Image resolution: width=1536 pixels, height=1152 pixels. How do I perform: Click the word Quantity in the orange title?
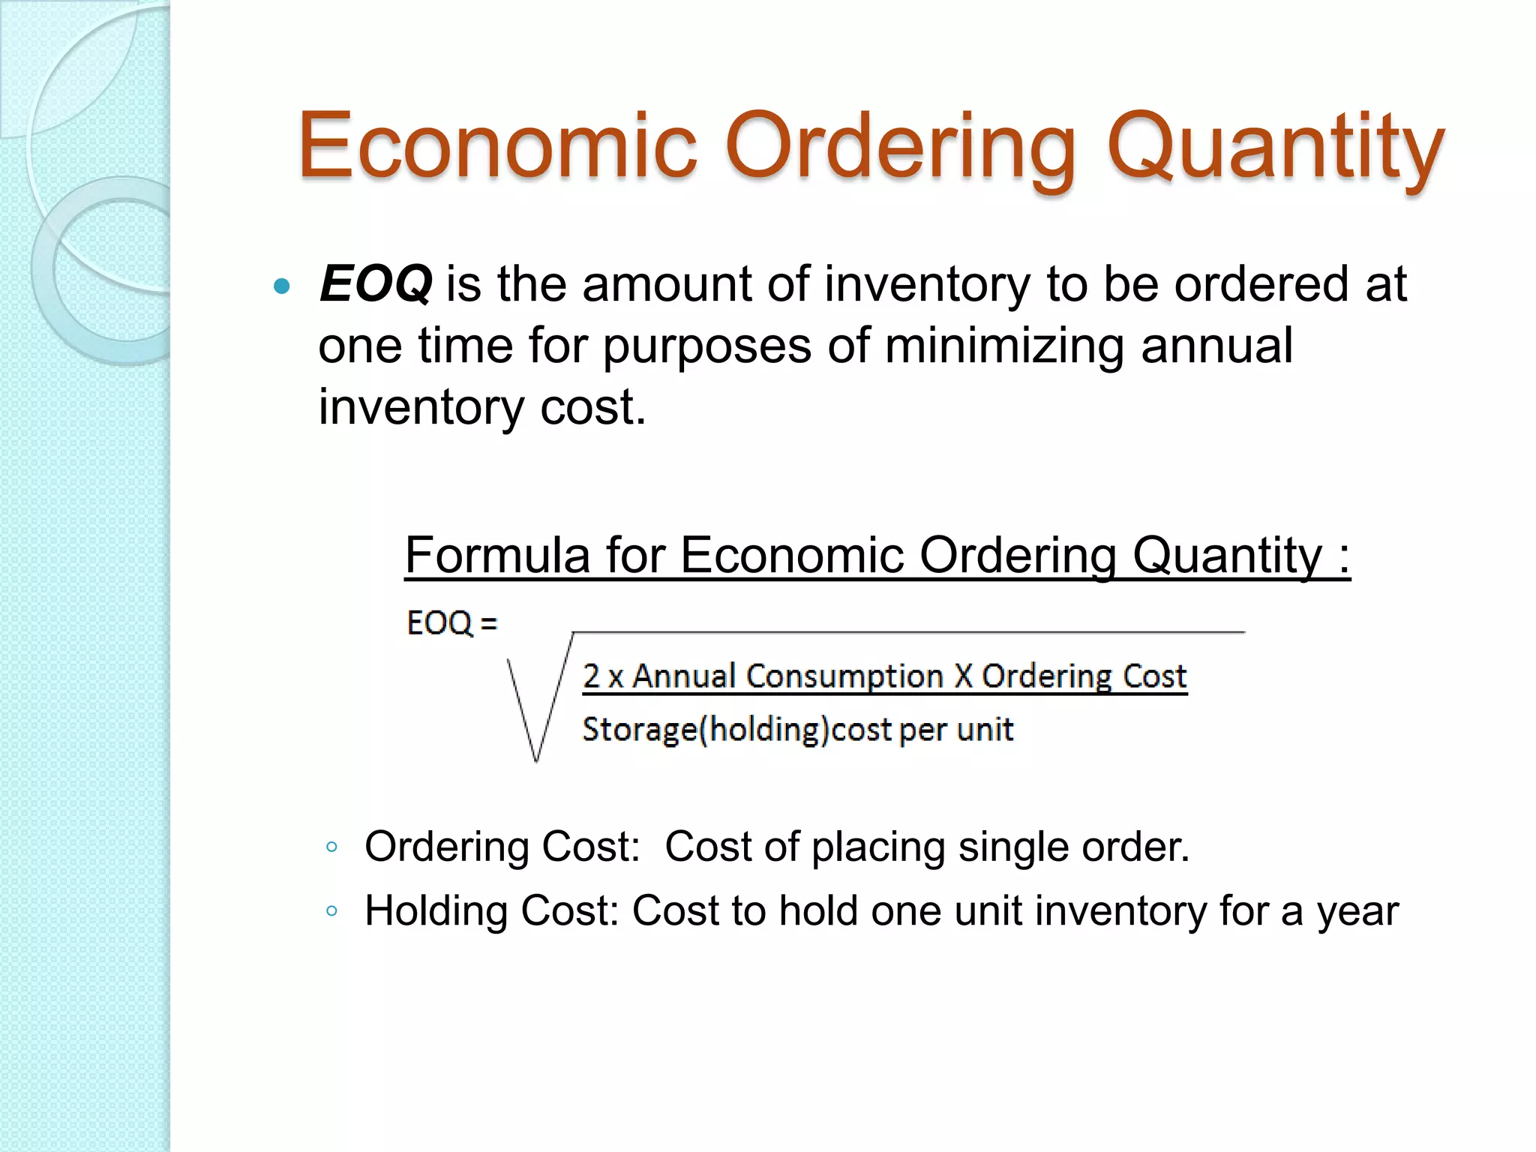[x=1275, y=148]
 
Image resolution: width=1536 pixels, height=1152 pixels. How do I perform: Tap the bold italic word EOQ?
[x=376, y=284]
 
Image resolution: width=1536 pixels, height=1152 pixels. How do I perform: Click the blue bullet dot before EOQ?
[x=282, y=286]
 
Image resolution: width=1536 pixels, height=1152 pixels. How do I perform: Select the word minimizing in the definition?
[x=1004, y=346]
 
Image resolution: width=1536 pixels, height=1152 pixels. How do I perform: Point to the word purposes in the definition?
[x=707, y=347]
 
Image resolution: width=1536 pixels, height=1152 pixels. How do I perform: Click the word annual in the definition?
[x=1216, y=346]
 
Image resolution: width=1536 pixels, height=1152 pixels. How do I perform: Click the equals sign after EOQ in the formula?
[x=488, y=623]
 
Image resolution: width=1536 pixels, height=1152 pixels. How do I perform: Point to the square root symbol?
[x=536, y=705]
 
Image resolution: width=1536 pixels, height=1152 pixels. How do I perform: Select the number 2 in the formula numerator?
[x=591, y=676]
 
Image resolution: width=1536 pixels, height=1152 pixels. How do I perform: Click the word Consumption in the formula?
[x=844, y=676]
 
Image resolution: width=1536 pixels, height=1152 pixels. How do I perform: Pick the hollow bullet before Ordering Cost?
[x=332, y=848]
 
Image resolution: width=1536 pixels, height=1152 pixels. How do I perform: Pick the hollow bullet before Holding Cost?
[x=332, y=912]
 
